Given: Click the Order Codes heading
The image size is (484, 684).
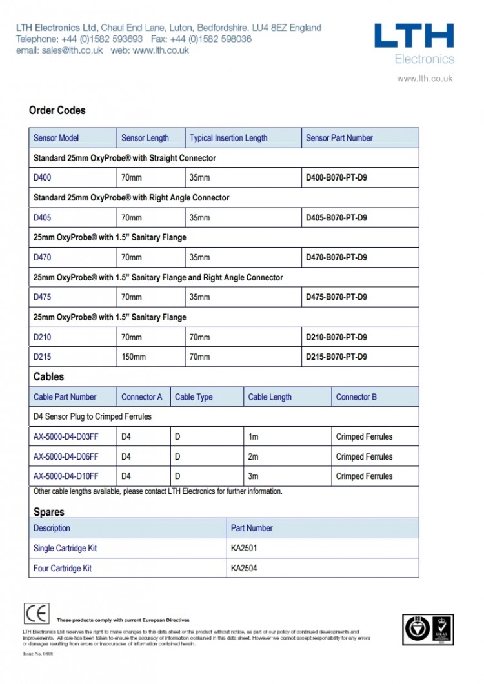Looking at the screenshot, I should [57, 110].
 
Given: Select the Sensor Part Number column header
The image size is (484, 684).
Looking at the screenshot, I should [339, 138].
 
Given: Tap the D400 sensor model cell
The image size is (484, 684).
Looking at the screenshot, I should [42, 177].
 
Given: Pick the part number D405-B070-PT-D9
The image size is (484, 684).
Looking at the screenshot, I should [336, 217].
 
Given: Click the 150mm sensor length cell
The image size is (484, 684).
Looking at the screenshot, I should [134, 357].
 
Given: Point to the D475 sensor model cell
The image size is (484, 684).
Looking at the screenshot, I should [42, 297].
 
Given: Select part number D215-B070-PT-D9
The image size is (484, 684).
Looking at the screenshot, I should [336, 357].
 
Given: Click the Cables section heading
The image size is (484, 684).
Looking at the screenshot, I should [48, 376].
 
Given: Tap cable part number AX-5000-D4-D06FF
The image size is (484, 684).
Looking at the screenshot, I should [66, 456].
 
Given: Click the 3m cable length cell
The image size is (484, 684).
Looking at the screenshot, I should [254, 476].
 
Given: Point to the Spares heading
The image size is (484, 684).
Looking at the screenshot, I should [49, 512].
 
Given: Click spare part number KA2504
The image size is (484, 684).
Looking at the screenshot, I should [244, 568].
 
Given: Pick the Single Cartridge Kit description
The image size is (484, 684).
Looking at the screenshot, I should [65, 548].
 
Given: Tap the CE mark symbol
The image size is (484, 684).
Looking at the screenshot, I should [36, 613].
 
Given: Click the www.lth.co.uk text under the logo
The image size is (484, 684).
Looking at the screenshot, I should [425, 79].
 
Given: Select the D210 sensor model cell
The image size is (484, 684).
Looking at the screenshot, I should [42, 337].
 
